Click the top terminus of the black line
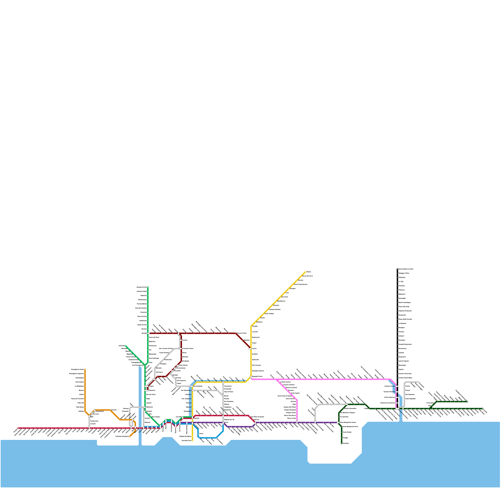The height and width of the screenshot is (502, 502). click(398, 269)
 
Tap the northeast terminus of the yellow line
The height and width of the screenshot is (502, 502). click(305, 272)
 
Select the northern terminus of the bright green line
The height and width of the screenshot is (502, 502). click(148, 287)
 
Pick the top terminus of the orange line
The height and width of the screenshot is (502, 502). click(85, 370)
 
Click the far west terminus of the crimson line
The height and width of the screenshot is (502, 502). click(19, 428)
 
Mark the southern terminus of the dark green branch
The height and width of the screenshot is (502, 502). click(342, 443)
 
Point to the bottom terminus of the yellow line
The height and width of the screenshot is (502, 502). click(192, 441)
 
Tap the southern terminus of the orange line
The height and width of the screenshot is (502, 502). click(130, 436)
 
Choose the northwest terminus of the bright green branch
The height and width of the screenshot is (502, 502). click(125, 346)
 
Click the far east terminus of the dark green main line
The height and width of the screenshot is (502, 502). click(483, 409)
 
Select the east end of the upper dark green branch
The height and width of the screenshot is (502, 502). click(467, 402)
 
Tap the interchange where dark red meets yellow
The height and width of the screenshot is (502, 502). click(250, 348)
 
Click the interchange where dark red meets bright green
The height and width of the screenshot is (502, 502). click(148, 333)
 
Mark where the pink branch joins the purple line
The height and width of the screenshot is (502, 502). click(297, 422)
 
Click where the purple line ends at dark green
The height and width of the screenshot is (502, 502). click(339, 422)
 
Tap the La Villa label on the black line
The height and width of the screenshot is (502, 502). click(402, 281)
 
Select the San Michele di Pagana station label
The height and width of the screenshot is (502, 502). click(348, 413)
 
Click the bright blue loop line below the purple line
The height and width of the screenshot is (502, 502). click(207, 437)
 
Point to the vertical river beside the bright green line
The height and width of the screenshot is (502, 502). click(140, 405)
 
